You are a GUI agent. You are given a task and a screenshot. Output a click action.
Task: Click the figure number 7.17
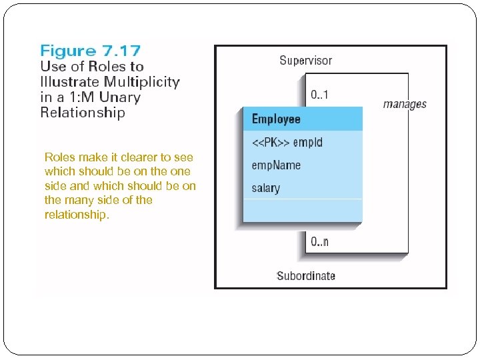coord(119,51)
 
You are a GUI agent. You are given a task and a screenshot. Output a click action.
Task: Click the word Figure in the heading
coord(67,51)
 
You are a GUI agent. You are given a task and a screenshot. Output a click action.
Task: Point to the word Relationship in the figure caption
coord(83,113)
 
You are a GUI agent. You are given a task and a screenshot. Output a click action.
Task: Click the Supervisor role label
coord(305,61)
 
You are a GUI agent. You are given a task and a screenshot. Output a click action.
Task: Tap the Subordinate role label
coord(306,275)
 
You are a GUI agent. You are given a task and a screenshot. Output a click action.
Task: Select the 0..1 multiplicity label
coord(320,94)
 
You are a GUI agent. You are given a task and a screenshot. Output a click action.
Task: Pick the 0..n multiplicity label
coord(320,241)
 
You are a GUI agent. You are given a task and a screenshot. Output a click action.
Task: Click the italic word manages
coord(405,104)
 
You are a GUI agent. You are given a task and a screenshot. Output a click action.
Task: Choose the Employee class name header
coord(276,119)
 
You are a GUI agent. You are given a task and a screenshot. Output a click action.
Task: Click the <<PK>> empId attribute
coord(287,142)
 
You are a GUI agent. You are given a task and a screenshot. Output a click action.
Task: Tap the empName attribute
coord(276,165)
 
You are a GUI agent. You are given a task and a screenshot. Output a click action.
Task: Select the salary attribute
coord(266,188)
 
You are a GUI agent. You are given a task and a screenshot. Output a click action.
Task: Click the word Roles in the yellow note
coord(59,157)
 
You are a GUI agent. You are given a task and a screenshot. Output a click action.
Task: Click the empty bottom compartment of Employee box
coord(302,210)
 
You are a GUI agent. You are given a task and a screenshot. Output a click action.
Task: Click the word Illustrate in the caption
coord(70,82)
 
